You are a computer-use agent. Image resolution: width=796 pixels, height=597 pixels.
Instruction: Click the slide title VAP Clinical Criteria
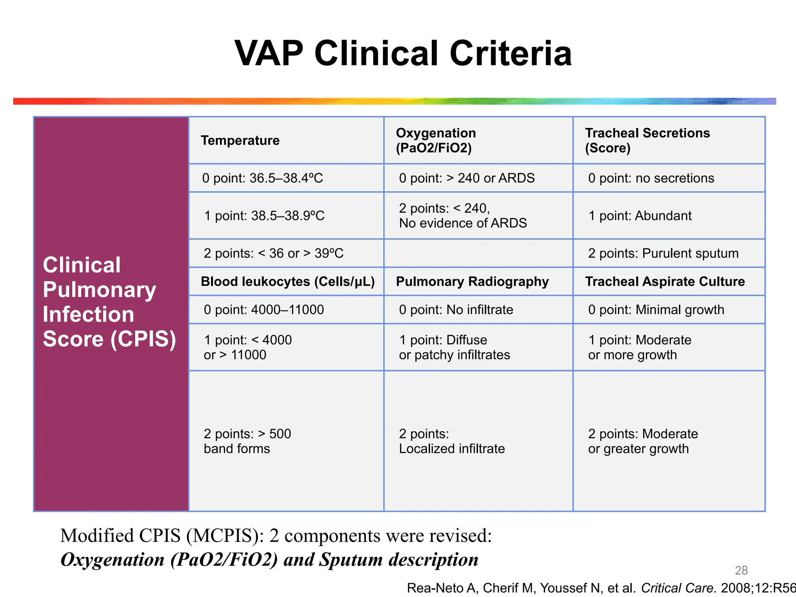(x=403, y=53)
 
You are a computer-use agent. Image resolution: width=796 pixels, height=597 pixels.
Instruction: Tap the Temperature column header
(x=240, y=140)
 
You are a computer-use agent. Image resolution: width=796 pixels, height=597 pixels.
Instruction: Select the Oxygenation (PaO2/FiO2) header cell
(x=436, y=140)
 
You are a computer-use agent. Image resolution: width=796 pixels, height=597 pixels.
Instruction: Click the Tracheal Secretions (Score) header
(x=647, y=140)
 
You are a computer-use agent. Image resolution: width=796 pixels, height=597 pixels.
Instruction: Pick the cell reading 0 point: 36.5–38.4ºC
(x=262, y=178)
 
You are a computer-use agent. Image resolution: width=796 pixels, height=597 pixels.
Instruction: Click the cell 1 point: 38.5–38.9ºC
(x=264, y=216)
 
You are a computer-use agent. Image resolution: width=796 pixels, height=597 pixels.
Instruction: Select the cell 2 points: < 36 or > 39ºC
(x=273, y=253)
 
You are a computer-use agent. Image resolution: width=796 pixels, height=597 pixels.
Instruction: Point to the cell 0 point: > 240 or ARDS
(x=466, y=178)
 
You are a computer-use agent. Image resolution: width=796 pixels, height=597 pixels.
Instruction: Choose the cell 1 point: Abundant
(x=640, y=216)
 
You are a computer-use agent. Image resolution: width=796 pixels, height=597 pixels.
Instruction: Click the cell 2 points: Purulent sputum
(x=663, y=253)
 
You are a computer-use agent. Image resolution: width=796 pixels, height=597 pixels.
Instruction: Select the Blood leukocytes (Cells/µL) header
(x=288, y=281)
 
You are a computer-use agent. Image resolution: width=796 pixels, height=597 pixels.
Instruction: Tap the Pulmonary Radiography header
(x=472, y=281)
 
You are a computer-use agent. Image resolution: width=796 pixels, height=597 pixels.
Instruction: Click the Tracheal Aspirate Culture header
(x=665, y=281)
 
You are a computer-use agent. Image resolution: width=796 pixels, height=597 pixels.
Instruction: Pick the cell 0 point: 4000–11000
(x=264, y=310)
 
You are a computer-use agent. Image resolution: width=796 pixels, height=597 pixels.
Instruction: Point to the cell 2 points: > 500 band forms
(x=247, y=441)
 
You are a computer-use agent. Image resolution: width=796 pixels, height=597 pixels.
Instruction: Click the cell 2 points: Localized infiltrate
(x=452, y=441)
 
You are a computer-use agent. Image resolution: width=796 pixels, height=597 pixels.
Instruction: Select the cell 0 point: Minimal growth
(x=656, y=310)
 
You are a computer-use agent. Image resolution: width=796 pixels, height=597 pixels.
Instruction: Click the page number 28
(x=741, y=570)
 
